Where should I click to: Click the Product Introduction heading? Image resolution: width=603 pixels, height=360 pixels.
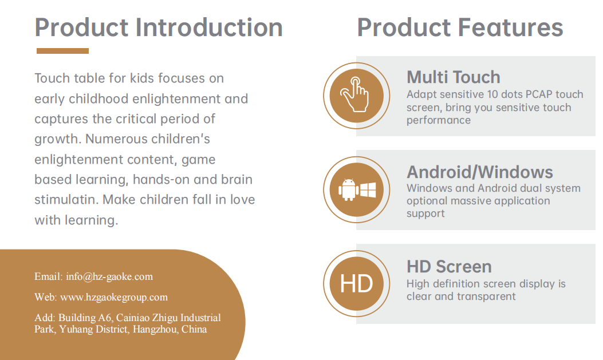pos(159,27)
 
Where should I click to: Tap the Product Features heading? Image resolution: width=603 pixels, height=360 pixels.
pos(460,27)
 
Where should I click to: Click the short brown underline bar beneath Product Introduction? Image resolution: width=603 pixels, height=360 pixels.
pos(62,51)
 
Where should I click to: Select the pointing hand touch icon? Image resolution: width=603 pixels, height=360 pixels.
pos(355,94)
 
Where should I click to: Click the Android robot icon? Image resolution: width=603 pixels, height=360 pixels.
pos(348,189)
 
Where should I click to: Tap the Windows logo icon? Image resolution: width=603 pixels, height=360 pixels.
pos(368,190)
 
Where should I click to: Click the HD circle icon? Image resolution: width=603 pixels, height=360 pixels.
pos(357,283)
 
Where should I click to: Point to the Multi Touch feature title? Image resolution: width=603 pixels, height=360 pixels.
pos(454,77)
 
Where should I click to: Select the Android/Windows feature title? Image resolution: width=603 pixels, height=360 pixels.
pos(480,172)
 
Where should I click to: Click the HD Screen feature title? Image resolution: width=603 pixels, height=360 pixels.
pos(449,267)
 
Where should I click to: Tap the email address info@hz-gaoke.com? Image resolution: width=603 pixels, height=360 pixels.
pos(109,276)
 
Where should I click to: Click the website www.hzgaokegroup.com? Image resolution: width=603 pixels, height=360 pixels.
pos(114,297)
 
